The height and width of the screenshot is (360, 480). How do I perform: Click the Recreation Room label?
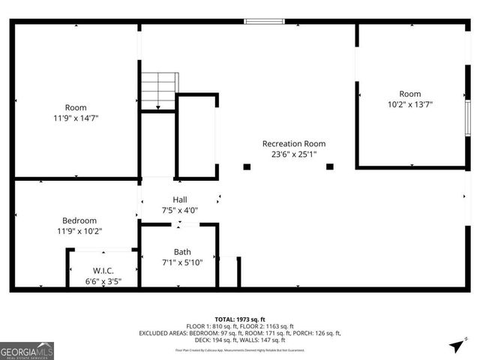pos(294,143)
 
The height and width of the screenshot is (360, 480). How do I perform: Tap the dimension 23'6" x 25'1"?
pos(294,154)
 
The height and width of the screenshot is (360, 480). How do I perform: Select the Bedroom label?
pos(79,220)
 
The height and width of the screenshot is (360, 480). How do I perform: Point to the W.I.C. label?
pos(103,271)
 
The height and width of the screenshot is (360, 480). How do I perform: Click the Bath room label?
pos(182,252)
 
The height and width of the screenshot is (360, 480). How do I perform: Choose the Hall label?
pos(180,199)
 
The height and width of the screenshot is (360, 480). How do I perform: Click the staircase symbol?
pos(160,90)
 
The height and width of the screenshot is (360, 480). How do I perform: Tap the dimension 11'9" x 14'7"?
pos(76,118)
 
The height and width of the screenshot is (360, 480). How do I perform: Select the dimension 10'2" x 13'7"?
pos(410,106)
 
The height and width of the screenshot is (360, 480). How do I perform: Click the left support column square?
pos(247,166)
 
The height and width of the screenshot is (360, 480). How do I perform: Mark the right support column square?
pos(329,166)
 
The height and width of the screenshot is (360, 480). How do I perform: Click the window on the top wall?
pos(264,21)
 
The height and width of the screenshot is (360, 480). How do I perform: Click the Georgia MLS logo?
pos(27,351)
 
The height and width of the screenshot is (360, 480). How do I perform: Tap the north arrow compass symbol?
pos(456,345)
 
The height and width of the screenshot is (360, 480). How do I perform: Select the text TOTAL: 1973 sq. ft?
pos(239,319)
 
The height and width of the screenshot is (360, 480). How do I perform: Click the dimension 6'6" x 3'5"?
pos(103,282)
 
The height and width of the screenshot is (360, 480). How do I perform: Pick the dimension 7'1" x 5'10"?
pos(182,262)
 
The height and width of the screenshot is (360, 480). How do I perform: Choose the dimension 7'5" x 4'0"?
pos(180,210)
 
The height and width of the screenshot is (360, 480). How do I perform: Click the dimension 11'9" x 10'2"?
pos(79,231)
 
